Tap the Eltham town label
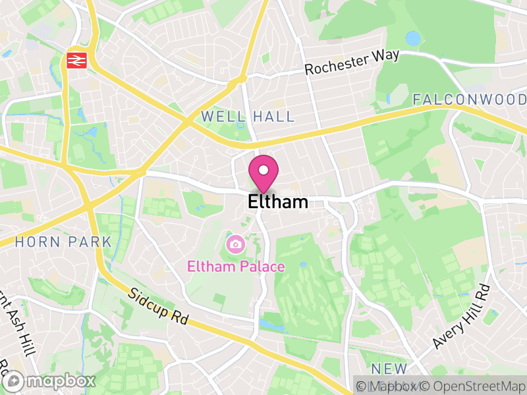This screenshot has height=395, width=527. click(x=278, y=202)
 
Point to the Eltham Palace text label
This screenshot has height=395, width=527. click(x=236, y=267)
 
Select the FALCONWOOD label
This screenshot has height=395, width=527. click(x=469, y=99)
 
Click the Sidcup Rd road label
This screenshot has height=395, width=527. click(x=159, y=306)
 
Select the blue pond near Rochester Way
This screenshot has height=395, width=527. click(x=413, y=38)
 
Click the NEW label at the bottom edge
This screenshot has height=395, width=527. click(x=389, y=368)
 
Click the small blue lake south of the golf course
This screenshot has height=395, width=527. click(x=269, y=325)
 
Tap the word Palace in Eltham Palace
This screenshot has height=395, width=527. click(x=262, y=267)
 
